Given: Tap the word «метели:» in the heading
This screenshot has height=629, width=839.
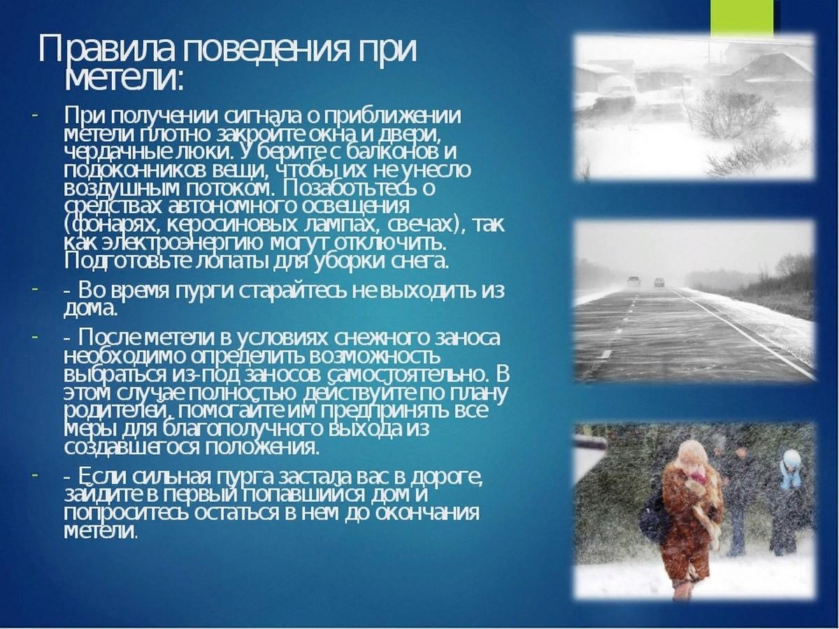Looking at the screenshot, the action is (x=124, y=78).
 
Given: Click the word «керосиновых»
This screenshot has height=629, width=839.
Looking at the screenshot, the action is (x=231, y=225).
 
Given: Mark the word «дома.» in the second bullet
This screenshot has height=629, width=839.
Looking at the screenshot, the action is (x=89, y=309).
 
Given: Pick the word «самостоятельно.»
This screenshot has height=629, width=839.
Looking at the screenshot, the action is (x=408, y=375).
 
